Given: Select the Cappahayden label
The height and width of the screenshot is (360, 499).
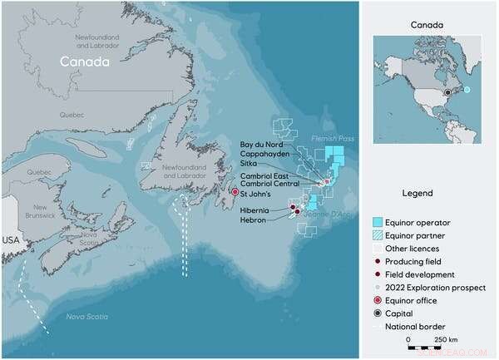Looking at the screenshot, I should coord(264,155).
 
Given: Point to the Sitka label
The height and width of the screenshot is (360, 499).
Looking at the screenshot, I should coord(250,165).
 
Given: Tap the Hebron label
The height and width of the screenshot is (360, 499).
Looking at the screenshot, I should coord(254,220).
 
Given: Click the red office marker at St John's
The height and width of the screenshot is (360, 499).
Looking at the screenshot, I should coord(235,192).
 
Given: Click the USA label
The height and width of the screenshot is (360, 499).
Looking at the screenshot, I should coord(9,240).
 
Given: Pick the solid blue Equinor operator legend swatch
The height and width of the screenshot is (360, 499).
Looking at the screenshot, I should coord(378,222).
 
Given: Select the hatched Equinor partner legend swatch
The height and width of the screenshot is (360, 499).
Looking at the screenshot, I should coord(378,235).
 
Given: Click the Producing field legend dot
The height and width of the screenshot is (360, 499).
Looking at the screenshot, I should coord(378,261).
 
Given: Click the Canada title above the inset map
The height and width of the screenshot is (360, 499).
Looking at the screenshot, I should coord(427,25).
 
